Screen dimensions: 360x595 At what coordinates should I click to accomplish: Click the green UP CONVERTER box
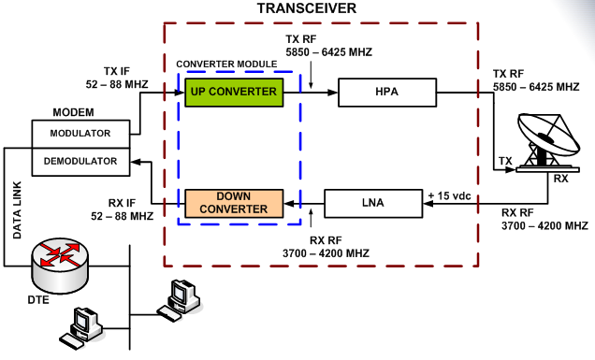coord(232,93)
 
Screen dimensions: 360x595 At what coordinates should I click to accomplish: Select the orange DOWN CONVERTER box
coord(232,202)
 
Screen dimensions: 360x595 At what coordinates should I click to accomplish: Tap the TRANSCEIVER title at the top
coord(307,9)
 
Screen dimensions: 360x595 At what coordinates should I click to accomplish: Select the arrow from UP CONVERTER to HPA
coord(309,93)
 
